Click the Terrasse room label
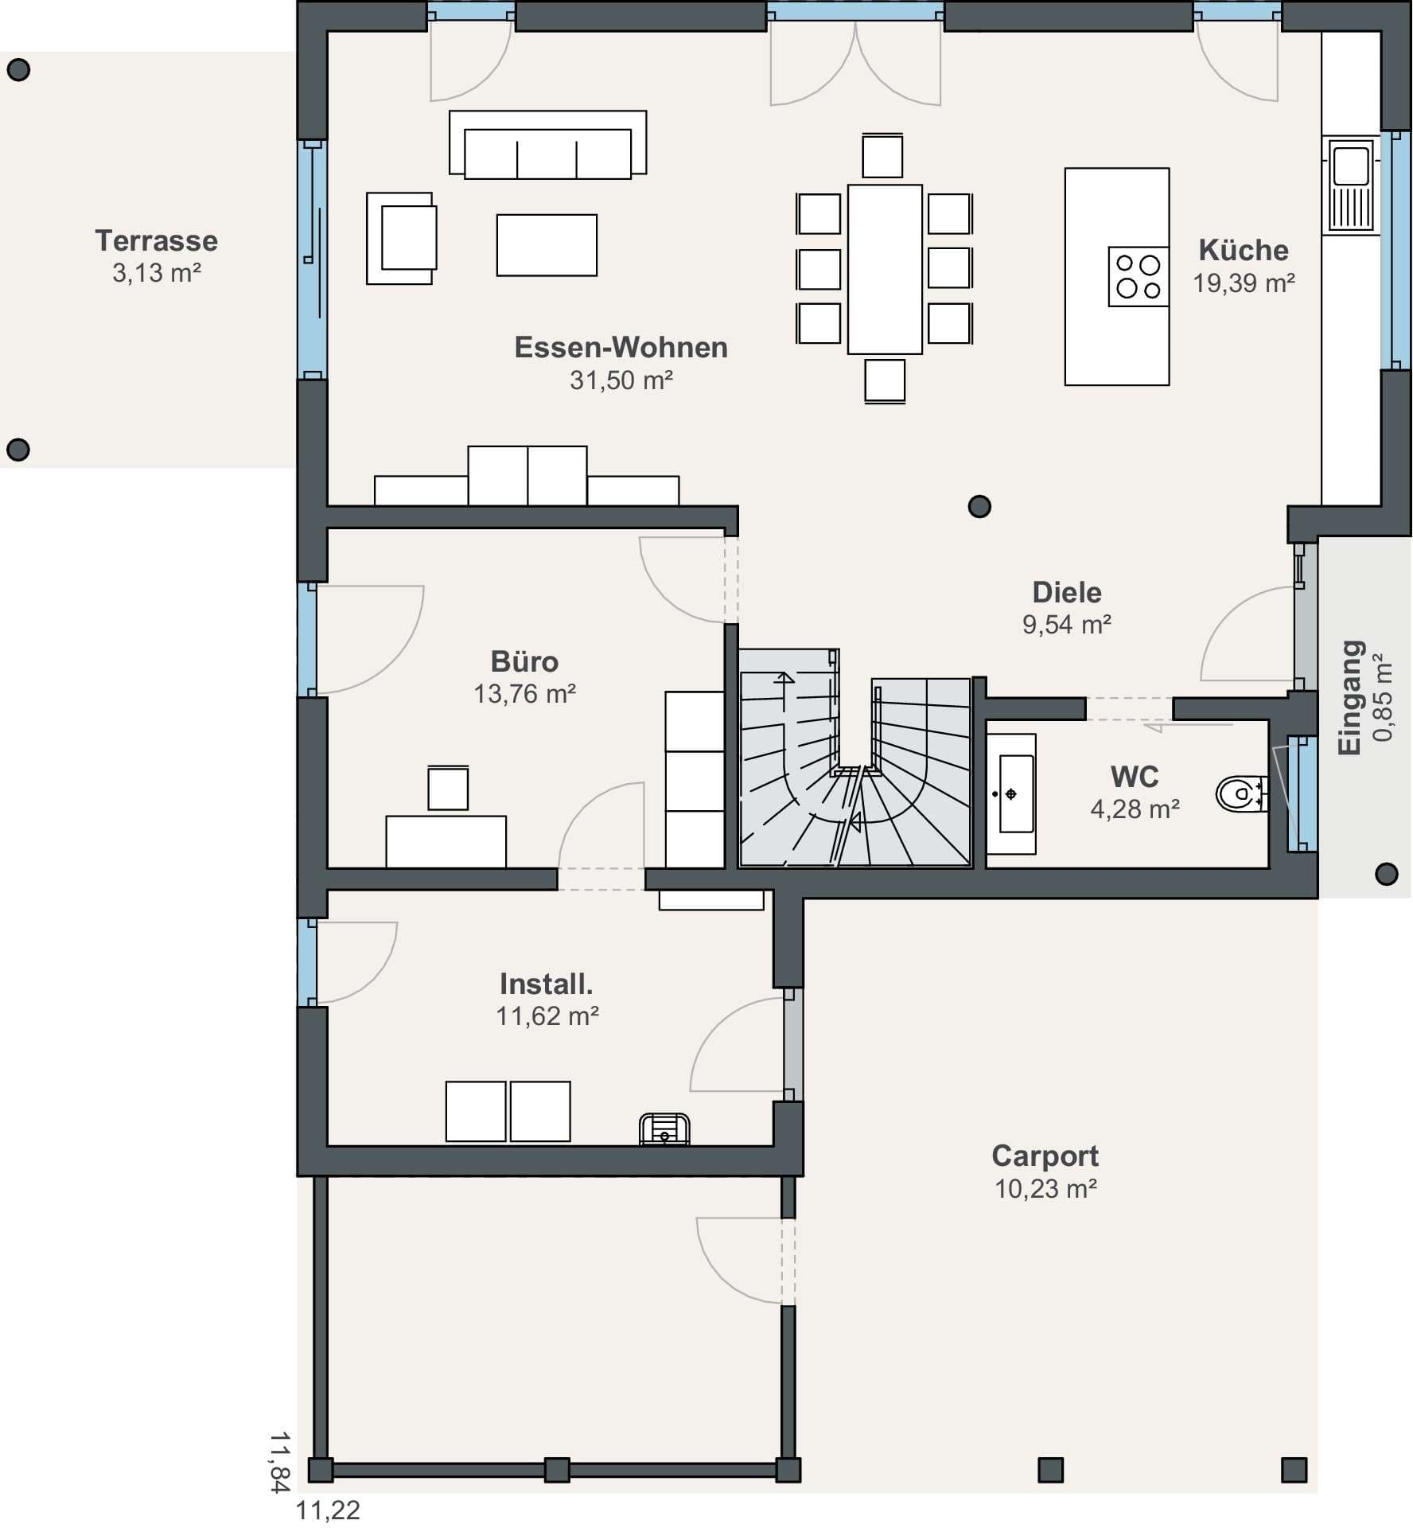(x=156, y=240)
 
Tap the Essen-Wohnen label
(x=621, y=347)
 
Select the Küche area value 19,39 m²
(x=1244, y=283)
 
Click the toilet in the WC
(x=1241, y=793)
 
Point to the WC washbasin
(x=1011, y=793)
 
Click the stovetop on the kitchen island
(x=1139, y=276)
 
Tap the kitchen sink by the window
(x=1352, y=185)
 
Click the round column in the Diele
(x=979, y=506)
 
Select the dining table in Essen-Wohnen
(x=885, y=269)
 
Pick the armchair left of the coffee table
(x=401, y=238)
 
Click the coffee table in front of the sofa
(x=547, y=245)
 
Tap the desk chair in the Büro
(x=448, y=788)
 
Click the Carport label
(x=1045, y=1155)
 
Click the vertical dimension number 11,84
(x=279, y=1462)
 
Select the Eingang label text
(x=1351, y=697)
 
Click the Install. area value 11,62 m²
(x=547, y=1016)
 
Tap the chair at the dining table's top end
(x=882, y=155)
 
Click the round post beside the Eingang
(x=1387, y=874)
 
